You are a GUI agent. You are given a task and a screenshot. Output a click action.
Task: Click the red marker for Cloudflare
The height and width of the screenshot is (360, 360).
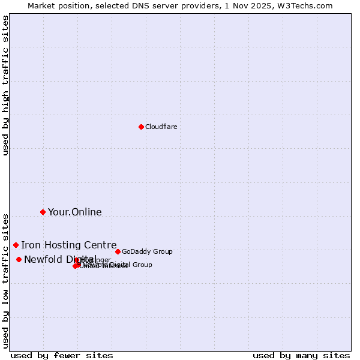click(141, 127)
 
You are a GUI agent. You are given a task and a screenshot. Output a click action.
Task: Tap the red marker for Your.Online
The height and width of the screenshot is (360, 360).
click(43, 212)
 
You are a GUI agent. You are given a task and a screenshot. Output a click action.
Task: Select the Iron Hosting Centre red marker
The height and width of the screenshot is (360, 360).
click(16, 245)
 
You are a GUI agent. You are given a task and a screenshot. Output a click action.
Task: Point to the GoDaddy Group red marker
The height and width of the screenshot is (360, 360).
click(118, 251)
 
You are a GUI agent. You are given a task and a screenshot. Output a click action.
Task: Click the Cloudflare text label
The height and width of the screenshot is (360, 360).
click(161, 127)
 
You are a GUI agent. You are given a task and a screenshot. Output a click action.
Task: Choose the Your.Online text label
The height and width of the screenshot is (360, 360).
click(75, 212)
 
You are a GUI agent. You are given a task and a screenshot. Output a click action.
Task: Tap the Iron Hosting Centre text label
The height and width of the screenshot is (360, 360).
click(69, 245)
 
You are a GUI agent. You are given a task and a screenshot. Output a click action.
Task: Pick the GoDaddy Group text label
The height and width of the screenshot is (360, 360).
click(147, 251)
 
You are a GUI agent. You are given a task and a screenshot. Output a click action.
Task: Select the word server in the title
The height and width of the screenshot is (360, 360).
click(160, 5)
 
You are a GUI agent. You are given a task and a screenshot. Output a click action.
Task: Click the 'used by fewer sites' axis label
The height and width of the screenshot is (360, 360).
click(62, 355)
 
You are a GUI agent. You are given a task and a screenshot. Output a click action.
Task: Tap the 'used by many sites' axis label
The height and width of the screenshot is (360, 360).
click(301, 355)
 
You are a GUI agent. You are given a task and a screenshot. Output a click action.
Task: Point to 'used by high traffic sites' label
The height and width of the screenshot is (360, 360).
click(5, 85)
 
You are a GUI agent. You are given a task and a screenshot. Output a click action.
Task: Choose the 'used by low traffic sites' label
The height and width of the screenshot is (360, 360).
click(5, 280)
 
